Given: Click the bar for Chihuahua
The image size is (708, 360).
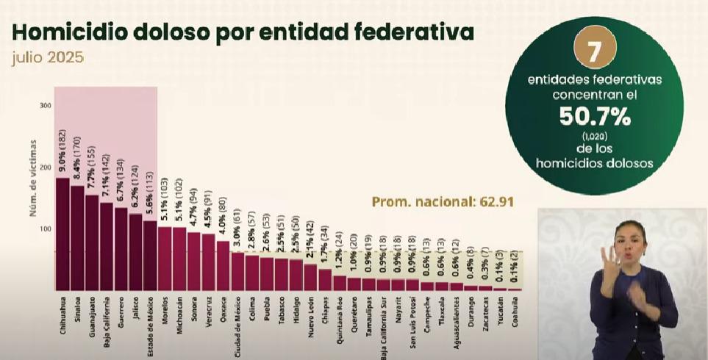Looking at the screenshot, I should point(62,234).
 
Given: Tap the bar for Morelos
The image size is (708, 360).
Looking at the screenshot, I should point(165,258).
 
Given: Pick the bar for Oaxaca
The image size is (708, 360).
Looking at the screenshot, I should point(223,265).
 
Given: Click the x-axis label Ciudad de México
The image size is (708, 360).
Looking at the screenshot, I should point(237,320).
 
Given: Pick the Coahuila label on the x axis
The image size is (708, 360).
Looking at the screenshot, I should point(514,312).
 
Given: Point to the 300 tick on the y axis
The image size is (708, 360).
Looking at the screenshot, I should point(46,106).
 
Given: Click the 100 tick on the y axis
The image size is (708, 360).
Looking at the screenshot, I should point(46,229).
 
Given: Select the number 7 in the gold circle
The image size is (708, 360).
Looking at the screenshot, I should point(595,51).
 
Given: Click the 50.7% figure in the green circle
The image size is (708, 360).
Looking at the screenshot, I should point(595,116).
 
